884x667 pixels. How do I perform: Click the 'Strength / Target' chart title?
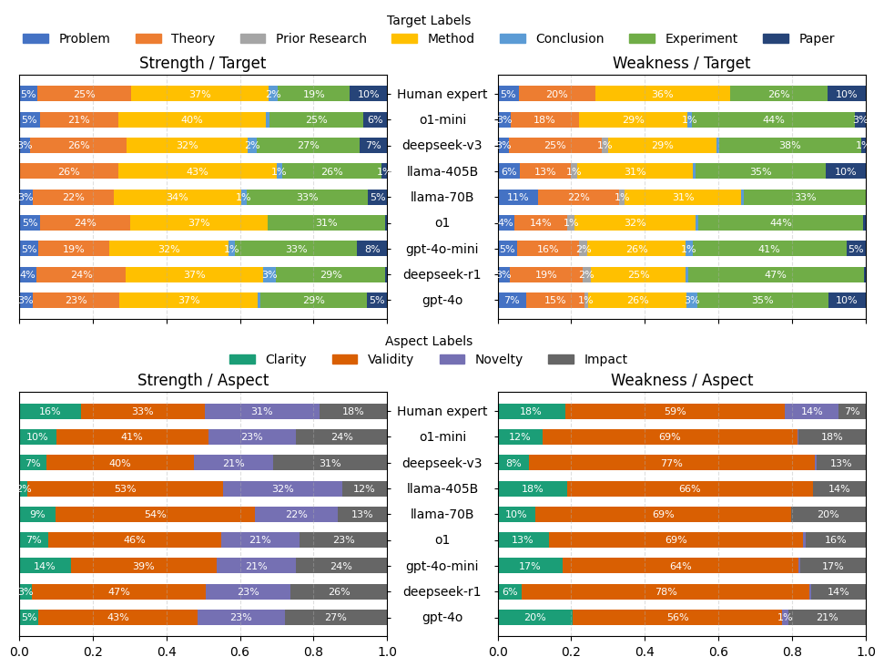coord(202,64)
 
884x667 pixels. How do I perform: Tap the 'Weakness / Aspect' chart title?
coord(682,381)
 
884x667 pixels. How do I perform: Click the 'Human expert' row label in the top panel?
coord(442,94)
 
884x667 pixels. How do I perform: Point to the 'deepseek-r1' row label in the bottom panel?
coord(442,591)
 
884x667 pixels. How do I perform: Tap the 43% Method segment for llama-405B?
coord(197,171)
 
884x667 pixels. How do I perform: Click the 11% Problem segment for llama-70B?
coord(518,197)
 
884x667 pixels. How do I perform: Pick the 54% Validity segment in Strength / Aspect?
coord(155,514)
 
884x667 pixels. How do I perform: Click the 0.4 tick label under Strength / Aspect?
coord(167,652)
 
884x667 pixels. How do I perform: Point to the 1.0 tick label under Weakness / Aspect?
coord(866,652)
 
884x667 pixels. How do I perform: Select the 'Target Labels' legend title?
coord(429,20)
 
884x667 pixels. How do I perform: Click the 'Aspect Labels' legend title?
coord(429,341)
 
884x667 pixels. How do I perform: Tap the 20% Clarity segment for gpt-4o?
coord(535,617)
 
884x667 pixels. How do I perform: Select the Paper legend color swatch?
coord(775,39)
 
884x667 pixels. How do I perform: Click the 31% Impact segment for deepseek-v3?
coord(330,463)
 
